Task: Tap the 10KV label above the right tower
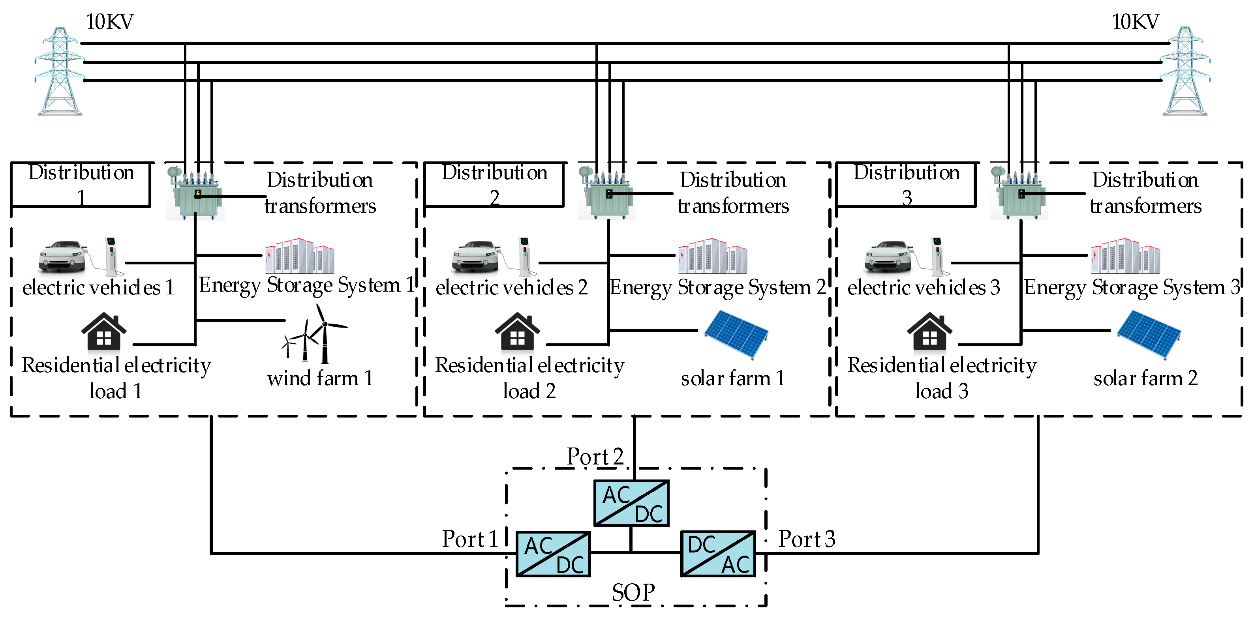tap(1135, 22)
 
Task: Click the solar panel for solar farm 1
tap(736, 335)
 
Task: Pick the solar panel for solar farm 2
tap(1149, 335)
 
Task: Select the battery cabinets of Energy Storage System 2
tap(712, 256)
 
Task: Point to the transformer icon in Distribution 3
tap(1019, 194)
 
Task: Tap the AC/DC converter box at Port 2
tap(631, 503)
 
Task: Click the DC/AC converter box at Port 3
tap(718, 554)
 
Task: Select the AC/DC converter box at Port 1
tap(554, 554)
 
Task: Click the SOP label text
tap(633, 593)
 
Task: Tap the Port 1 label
tap(469, 539)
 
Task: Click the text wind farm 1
tap(320, 378)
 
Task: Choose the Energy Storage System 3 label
tap(1132, 287)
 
